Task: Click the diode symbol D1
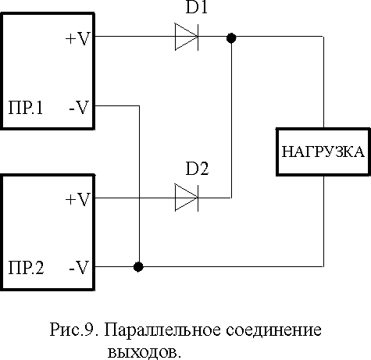pos(187,37)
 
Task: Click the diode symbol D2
pos(187,198)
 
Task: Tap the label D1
pos(197,7)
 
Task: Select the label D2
pos(197,169)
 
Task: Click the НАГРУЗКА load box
pos(323,151)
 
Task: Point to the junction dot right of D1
pos(231,38)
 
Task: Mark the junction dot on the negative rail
pos(138,267)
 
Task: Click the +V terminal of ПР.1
pos(78,39)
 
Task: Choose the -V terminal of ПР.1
pos(79,108)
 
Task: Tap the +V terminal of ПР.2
pos(78,200)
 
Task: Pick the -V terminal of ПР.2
pos(79,268)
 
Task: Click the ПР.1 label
pos(26,108)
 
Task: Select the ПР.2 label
pos(26,268)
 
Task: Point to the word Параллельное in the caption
pos(162,330)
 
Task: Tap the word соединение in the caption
pos(273,330)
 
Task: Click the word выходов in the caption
pos(144,352)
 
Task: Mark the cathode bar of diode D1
pos(198,37)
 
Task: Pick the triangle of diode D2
pos(186,198)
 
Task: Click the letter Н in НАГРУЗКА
pos(287,151)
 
